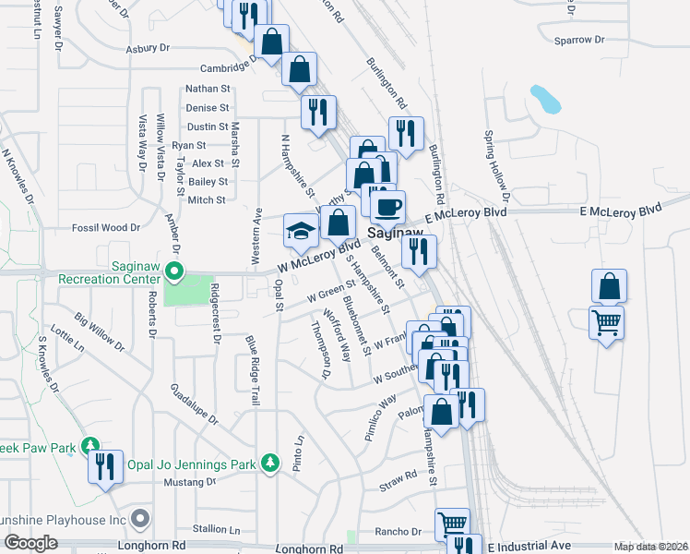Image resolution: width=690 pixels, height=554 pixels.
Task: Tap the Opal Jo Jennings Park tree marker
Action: [x=270, y=463]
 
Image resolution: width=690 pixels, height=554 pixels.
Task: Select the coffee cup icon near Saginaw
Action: [x=388, y=205]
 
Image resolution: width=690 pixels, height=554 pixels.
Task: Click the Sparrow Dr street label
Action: [x=578, y=40]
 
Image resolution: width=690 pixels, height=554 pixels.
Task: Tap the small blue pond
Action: [x=545, y=98]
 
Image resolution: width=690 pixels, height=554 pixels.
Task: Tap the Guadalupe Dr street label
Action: [x=194, y=404]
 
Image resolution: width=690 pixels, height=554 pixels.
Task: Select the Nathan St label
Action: [x=208, y=89]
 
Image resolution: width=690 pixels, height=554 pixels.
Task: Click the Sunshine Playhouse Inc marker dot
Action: [x=139, y=518]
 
